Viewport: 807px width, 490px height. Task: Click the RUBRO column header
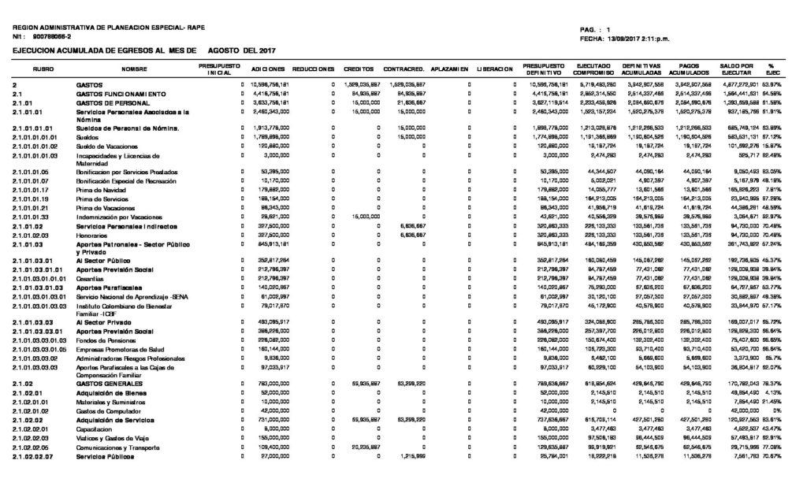(x=43, y=69)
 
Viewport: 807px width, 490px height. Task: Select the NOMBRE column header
(x=134, y=69)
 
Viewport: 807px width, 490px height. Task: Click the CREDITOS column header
(x=357, y=69)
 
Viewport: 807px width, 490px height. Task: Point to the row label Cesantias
(x=90, y=279)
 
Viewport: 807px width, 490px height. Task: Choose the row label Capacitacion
(x=94, y=428)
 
